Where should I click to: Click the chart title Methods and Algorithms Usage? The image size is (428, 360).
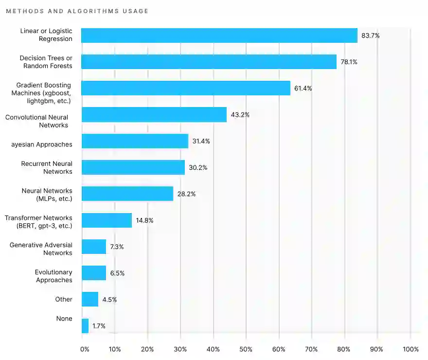coord(77,11)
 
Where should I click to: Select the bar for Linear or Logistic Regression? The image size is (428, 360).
coord(219,36)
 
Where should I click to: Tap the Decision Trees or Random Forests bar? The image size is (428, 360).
coord(209,62)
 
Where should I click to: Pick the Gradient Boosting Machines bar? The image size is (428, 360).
coord(185,88)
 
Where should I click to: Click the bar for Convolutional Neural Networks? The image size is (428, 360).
coord(154,115)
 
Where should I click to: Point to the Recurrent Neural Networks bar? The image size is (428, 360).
coord(133,167)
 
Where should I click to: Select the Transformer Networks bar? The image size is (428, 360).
coord(107,220)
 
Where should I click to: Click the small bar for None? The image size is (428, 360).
coord(85,325)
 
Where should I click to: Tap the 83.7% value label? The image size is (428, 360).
coord(370,36)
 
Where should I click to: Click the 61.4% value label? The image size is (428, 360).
coord(303,89)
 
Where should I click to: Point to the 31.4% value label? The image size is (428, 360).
coord(201,141)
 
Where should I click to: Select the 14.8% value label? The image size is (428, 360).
coord(144,220)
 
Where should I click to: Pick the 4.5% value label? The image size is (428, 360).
coord(109,300)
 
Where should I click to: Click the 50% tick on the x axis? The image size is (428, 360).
coord(246,349)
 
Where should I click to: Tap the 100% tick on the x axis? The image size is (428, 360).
coord(410,349)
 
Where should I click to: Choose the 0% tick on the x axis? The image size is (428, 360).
coord(85,349)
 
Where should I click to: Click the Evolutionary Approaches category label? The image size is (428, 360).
coord(53,276)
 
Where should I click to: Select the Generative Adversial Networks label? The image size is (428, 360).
coord(41,249)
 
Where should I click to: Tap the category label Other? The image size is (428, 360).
coord(64,299)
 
